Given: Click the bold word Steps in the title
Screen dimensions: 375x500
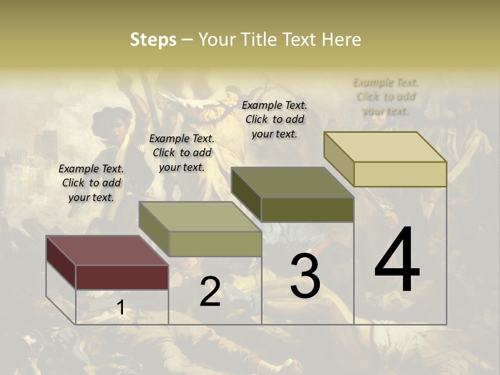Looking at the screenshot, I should coord(153,40).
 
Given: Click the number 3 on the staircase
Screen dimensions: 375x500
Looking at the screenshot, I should coord(305,277).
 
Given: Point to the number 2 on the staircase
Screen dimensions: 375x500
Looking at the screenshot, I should coord(210,292).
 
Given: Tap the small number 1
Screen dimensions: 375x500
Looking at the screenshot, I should coord(120,308).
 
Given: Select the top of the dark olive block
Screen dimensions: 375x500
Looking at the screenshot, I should coord(292,182).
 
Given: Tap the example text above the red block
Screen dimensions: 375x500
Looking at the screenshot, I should coord(91,183).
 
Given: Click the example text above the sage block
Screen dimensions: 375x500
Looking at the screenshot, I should coord(182,153).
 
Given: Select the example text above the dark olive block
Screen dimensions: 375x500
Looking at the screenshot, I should coord(274,119).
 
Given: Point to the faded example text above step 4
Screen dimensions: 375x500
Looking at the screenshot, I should coord(385,96).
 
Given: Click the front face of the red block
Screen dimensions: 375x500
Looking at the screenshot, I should coord(122,277).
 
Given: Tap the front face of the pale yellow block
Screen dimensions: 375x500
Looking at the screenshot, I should coord(400,174).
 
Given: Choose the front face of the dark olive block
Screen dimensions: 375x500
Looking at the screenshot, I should coord(307,209).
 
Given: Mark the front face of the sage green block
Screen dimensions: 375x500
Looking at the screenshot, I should coord(215,244).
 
